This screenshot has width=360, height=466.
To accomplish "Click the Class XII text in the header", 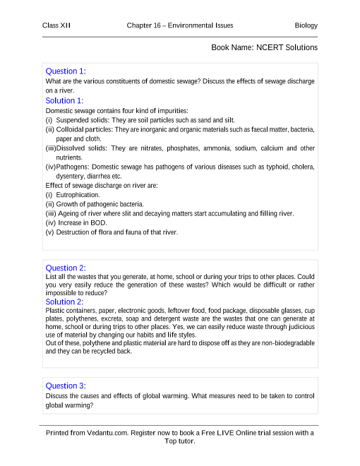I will tap(56, 26).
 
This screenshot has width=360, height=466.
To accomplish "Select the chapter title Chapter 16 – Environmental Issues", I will tap(180, 26).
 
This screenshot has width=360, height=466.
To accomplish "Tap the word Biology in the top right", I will tap(306, 26).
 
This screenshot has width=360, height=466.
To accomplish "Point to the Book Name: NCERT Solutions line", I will tap(264, 47).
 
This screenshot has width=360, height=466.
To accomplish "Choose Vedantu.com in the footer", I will tap(107, 432).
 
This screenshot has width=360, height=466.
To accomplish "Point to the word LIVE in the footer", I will tap(227, 432).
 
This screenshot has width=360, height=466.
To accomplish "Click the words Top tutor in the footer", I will tap(180, 441).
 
